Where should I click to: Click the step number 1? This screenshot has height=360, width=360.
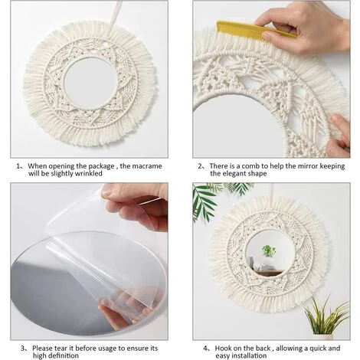point(18,166)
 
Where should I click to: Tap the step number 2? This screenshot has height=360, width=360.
point(201,166)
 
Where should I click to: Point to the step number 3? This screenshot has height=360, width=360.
point(23,349)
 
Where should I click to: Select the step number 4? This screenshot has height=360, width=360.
point(206,349)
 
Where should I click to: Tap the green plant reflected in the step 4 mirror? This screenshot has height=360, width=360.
point(268,251)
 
